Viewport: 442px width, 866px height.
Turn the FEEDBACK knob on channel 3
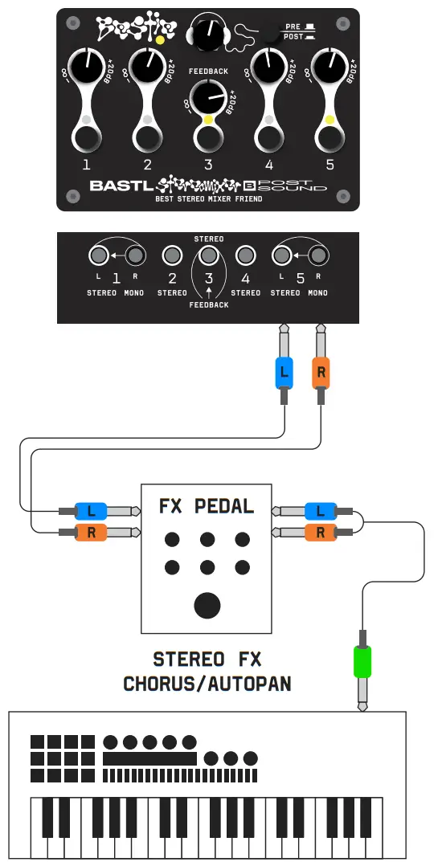coord(208,101)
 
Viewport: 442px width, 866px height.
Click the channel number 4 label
coord(269,165)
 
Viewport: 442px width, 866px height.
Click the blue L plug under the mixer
coord(283,374)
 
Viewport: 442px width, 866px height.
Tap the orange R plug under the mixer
coord(321,374)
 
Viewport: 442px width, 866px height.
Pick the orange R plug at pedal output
coord(320,531)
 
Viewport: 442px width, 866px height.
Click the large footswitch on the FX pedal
coord(208,605)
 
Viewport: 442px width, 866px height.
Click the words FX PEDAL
coord(207,506)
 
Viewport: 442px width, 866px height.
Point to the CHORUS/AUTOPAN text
coord(207,684)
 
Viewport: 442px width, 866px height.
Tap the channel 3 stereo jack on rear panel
coord(208,256)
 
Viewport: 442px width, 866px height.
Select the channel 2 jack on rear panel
coord(172,256)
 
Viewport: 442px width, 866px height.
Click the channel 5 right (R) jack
coord(319,256)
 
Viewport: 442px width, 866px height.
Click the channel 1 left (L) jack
coord(98,256)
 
